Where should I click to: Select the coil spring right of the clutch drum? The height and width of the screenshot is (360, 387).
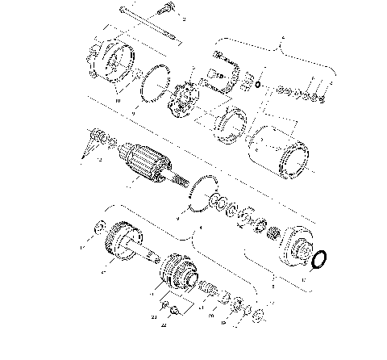[x=209, y=287]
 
